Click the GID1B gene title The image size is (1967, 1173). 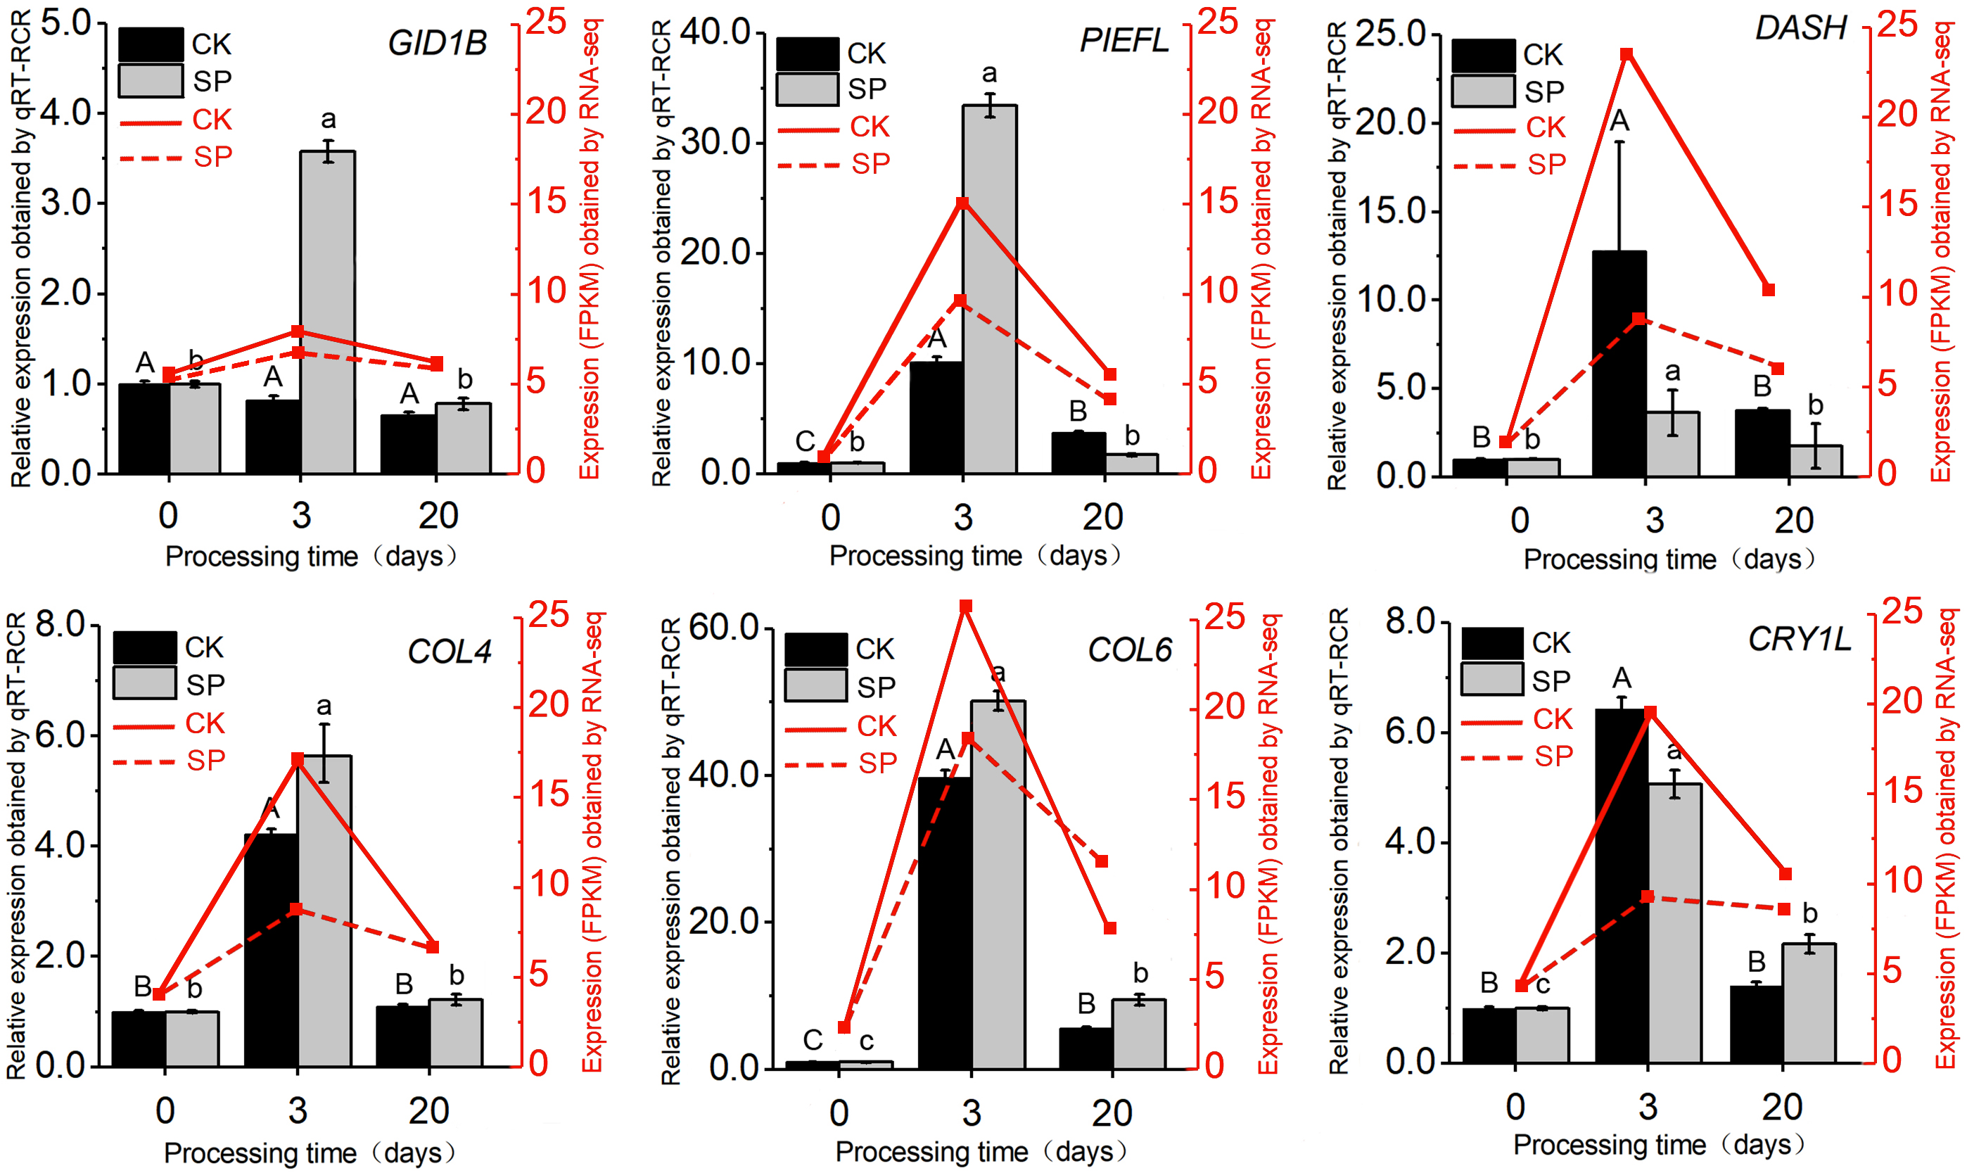click(x=437, y=43)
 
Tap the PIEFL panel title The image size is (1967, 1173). click(x=1123, y=40)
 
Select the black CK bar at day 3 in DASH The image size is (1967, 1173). click(x=1619, y=364)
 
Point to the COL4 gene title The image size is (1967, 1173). click(x=449, y=652)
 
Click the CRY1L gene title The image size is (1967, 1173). click(x=1800, y=640)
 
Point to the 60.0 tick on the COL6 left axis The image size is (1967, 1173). click(x=723, y=628)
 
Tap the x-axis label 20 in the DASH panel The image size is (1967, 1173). click(x=1793, y=520)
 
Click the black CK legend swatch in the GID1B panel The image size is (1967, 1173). click(x=150, y=45)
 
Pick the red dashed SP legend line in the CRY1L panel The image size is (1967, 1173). click(x=1491, y=758)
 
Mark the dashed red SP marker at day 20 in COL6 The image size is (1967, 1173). click(x=1102, y=861)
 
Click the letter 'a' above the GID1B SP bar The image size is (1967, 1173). click(x=328, y=120)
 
